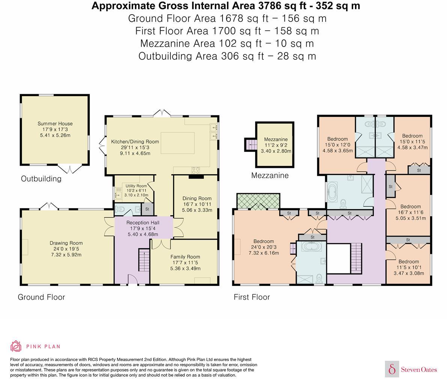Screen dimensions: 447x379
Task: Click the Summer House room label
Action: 55,124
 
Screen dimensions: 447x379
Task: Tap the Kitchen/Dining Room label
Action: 135,142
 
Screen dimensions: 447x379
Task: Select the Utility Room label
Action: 136,186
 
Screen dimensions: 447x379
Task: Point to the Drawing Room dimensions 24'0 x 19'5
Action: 66,249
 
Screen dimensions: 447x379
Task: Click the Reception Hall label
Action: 143,223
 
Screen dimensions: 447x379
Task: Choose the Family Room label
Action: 185,257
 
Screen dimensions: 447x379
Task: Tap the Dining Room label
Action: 197,198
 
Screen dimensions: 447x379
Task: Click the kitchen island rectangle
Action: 178,143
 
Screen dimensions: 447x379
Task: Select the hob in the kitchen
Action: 196,171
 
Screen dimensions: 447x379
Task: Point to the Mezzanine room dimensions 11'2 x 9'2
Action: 276,145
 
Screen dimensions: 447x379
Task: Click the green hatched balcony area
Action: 258,201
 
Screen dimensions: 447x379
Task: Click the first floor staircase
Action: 356,258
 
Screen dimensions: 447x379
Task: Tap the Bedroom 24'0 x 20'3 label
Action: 264,242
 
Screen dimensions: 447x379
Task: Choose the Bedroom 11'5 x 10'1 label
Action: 409,262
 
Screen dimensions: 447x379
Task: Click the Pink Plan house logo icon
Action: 16,346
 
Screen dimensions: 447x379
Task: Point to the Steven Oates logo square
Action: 392,369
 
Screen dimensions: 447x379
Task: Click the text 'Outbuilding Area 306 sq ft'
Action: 201,56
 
